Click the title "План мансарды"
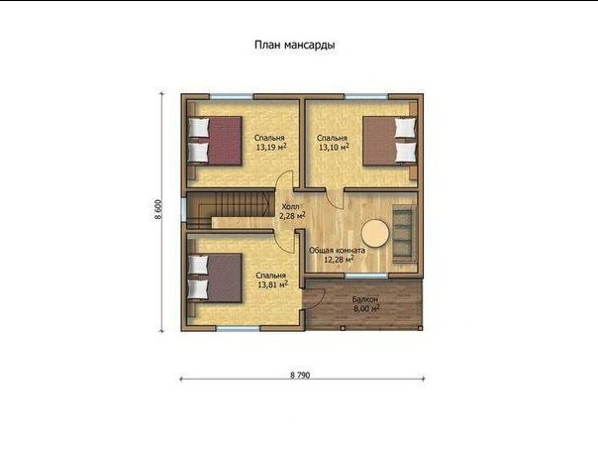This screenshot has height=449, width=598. [295, 45]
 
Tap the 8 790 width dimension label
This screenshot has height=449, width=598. [300, 376]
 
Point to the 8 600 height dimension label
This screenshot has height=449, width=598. [157, 209]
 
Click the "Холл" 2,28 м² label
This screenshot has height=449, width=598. [292, 211]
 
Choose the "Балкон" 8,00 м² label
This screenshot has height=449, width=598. [366, 304]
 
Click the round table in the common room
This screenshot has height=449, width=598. [375, 233]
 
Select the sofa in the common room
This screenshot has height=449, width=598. [404, 234]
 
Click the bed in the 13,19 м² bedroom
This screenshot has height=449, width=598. [215, 142]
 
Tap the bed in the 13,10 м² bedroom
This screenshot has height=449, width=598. [389, 141]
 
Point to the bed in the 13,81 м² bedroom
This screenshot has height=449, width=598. [215, 278]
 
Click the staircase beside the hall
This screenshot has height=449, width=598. [231, 210]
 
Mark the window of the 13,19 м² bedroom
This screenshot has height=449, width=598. [232, 96]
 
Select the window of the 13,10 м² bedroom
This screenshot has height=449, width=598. [366, 96]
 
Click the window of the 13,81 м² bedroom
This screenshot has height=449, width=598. [239, 328]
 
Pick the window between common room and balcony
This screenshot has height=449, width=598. [366, 276]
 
